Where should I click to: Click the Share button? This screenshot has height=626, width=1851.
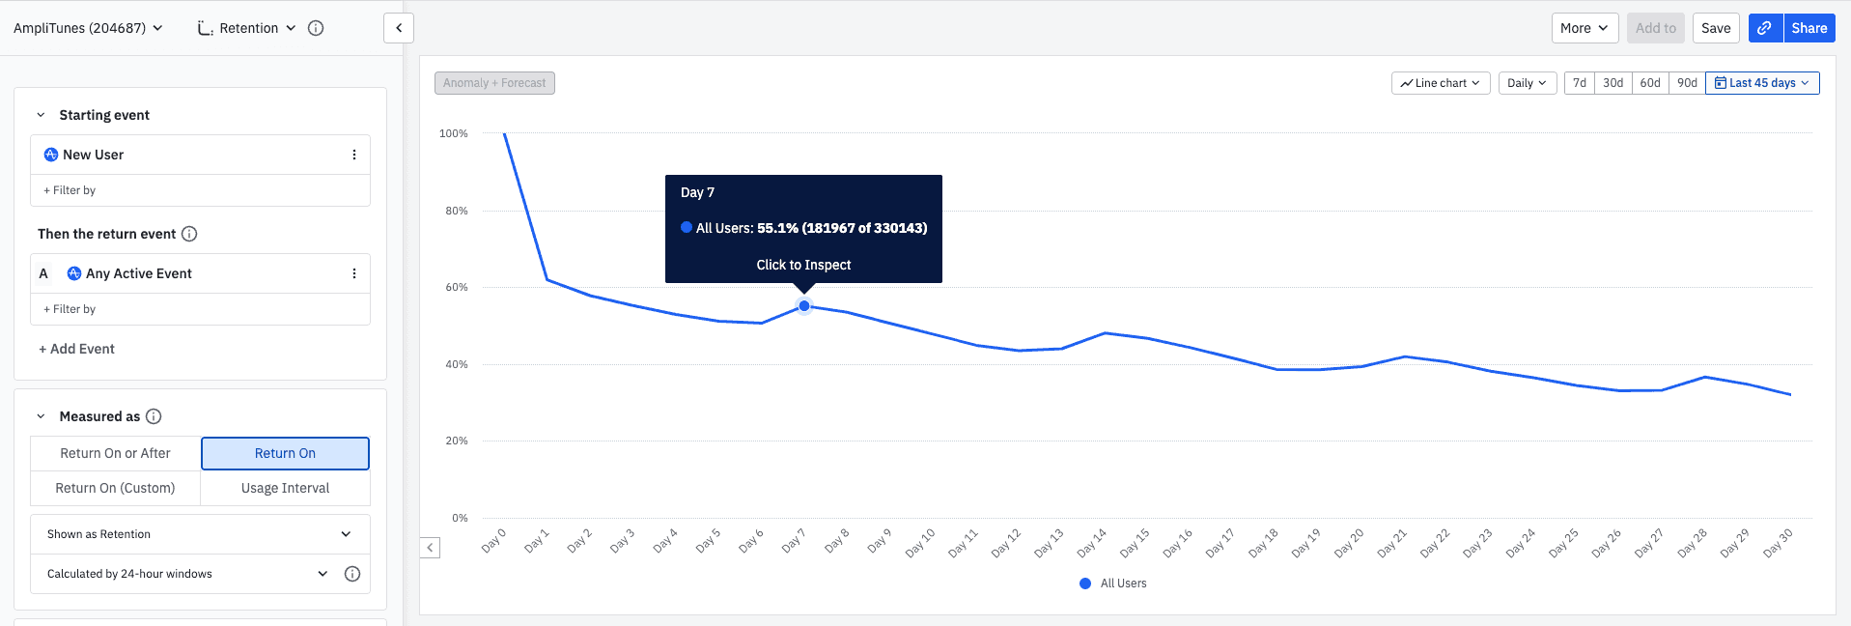coord(1809,28)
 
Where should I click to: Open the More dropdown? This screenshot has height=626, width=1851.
coord(1584,28)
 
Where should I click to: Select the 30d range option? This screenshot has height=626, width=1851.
coord(1613,83)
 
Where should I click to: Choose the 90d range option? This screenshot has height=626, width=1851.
coord(1687,83)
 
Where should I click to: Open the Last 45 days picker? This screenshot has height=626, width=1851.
coord(1762,83)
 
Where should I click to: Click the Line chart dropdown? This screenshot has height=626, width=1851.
coord(1441,83)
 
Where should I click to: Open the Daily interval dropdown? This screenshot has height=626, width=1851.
coord(1527,83)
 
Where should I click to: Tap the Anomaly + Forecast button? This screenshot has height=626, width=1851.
coord(494,83)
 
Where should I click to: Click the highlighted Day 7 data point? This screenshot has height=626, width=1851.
coord(804,306)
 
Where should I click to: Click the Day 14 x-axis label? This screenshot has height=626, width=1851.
coord(1092,543)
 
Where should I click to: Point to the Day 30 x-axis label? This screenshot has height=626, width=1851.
coord(1778,543)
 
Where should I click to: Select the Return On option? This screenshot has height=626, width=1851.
coord(285,454)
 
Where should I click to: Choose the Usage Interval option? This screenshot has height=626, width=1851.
coord(285,489)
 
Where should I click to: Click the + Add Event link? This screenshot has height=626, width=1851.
coord(77,349)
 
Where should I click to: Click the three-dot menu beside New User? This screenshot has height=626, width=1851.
coord(354,155)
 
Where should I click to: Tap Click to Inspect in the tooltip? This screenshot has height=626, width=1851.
coord(803,265)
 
